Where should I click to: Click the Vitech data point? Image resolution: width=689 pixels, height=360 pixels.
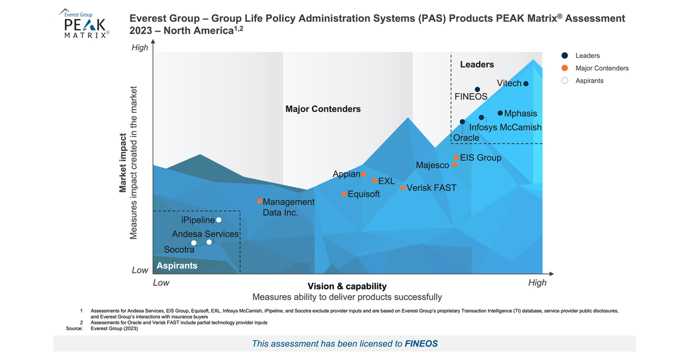tap(525, 84)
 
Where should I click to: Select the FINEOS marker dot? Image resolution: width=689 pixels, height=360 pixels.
tap(477, 90)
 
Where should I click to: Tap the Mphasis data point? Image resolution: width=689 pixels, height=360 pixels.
tap(500, 113)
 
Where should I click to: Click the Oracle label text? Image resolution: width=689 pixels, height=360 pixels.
tap(466, 138)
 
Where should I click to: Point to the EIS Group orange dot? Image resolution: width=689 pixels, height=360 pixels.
tap(456, 157)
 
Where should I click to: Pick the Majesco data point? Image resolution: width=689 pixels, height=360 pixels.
tap(454, 165)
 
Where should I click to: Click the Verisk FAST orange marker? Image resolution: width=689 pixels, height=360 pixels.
tap(403, 188)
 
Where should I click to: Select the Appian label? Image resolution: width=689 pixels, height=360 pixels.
tap(346, 174)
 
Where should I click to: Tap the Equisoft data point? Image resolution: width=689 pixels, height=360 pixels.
tap(344, 194)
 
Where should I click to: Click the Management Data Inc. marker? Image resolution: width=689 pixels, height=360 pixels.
tap(260, 202)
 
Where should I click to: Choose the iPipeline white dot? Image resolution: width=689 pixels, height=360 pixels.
tap(219, 220)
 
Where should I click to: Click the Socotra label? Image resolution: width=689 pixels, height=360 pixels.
tap(179, 250)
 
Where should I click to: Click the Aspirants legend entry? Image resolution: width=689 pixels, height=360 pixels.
tap(590, 81)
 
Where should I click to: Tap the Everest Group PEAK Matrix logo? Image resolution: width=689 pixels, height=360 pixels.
tap(85, 24)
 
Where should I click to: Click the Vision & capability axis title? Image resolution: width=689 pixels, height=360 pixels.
tap(347, 286)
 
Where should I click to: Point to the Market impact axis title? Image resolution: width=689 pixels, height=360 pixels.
tap(123, 163)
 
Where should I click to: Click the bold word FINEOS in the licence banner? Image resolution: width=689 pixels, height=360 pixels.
tap(421, 344)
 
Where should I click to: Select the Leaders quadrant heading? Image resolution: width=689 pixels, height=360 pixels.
tap(477, 65)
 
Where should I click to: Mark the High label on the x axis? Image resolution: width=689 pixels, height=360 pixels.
tap(537, 282)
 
